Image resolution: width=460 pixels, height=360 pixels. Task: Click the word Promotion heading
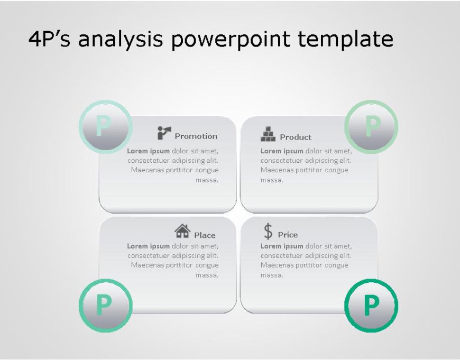(x=196, y=136)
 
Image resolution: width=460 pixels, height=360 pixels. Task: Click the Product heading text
(x=296, y=137)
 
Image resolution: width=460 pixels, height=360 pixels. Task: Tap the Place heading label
(x=205, y=235)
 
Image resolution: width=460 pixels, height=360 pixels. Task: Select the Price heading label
(x=288, y=235)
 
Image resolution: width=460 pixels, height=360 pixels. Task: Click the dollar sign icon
(x=268, y=232)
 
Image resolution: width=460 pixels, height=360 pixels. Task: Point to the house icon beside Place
(x=182, y=231)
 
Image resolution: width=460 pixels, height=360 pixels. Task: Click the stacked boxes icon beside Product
(x=268, y=134)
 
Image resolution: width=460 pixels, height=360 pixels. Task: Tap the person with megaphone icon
(x=164, y=133)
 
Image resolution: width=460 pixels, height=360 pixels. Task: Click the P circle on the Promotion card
(x=105, y=127)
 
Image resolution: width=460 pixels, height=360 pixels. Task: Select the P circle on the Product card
(x=371, y=127)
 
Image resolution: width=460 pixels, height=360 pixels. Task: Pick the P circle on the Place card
(x=105, y=305)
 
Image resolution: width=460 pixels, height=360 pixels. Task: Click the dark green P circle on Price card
(x=371, y=305)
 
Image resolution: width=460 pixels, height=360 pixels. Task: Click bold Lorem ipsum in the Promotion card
(x=149, y=151)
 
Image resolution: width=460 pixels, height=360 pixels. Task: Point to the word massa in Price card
(x=271, y=275)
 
